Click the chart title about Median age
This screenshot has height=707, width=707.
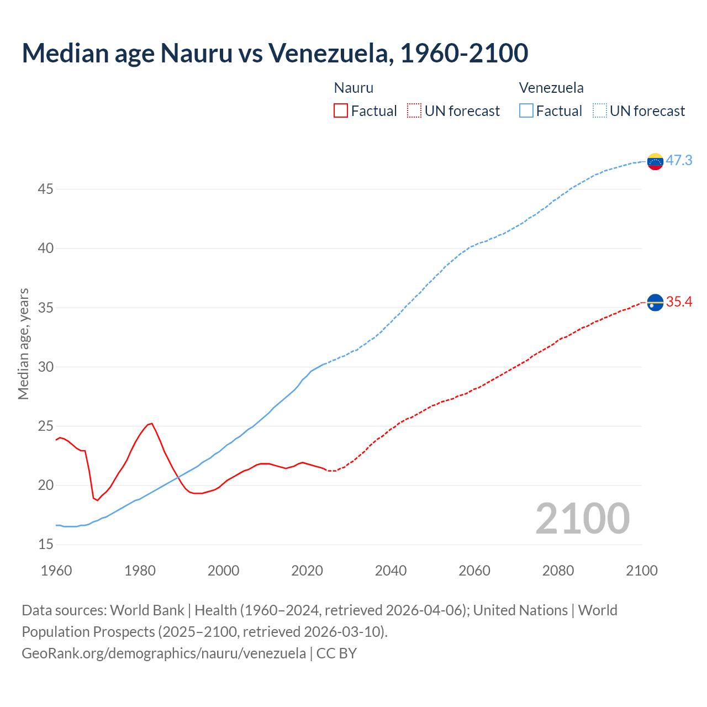tap(275, 53)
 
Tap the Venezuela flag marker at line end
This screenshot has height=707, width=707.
tap(655, 161)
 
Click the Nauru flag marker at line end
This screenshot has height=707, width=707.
tap(655, 303)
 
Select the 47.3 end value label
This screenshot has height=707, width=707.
tap(679, 160)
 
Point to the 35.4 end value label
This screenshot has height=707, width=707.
tap(679, 302)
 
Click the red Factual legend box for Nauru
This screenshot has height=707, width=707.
tap(341, 110)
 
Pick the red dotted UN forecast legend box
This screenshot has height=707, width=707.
tap(414, 110)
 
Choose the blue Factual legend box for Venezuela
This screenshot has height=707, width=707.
tap(526, 110)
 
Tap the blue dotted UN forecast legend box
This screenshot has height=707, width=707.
tap(600, 110)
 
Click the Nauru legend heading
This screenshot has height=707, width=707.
tap(353, 88)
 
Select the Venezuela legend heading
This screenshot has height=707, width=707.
tap(551, 88)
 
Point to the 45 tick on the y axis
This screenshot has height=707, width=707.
tap(46, 189)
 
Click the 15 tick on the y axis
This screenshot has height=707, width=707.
tap(46, 545)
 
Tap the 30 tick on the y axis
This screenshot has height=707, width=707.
tap(46, 367)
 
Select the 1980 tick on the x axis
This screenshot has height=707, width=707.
tap(140, 571)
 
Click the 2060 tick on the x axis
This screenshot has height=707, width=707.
tap(474, 571)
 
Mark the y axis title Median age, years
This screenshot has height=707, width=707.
tap(23, 344)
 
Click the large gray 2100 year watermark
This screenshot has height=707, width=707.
tap(582, 518)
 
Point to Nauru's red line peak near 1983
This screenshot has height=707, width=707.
tap(151, 424)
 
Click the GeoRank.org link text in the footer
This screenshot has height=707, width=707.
tap(163, 653)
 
